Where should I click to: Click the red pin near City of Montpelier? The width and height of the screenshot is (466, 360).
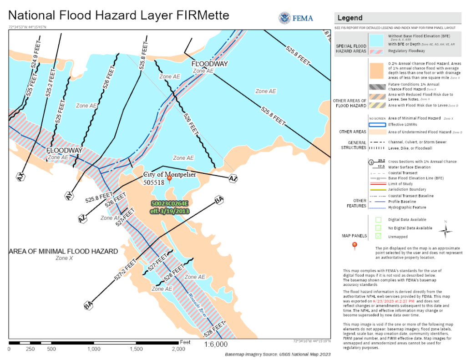point(169,178)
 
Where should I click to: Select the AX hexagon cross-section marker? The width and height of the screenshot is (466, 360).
point(20,177)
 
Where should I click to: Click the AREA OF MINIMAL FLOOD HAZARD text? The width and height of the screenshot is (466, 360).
point(63,251)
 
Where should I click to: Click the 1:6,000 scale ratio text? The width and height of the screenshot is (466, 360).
point(215,345)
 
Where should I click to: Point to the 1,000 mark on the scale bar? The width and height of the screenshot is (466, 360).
point(94,349)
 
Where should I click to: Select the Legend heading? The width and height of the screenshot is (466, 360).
point(349,18)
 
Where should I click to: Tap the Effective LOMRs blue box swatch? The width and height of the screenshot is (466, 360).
point(377,124)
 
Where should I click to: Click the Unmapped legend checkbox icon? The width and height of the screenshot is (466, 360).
point(378,236)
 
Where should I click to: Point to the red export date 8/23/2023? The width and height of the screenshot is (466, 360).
point(399,301)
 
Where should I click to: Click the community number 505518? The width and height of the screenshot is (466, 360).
point(153,183)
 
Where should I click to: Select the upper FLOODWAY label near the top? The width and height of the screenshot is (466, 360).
point(209,63)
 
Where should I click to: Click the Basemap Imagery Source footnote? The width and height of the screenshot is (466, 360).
point(278,354)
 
